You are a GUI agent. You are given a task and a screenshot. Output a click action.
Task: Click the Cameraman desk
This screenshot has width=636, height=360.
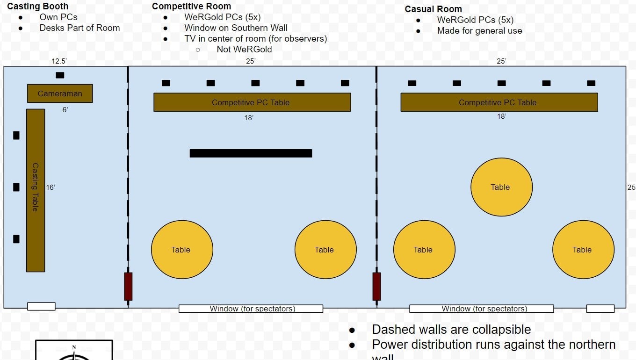tap(60, 94)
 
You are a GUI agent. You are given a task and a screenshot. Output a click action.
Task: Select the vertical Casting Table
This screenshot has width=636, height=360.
tap(36, 190)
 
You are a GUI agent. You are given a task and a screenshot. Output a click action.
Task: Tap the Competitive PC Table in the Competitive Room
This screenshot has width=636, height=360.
tap(252, 102)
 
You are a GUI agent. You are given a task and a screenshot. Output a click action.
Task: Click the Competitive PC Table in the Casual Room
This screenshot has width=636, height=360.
tap(499, 102)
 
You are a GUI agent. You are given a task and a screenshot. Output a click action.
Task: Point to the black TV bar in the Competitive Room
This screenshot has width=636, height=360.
tap(251, 153)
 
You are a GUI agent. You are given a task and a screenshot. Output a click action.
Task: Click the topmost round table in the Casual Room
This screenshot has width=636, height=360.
tap(501, 187)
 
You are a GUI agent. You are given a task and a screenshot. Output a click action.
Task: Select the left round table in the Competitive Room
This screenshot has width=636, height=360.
tap(182, 250)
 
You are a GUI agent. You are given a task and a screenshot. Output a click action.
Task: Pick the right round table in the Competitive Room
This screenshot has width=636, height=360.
tap(325, 250)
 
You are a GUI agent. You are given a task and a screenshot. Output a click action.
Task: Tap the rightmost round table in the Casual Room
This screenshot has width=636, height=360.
tap(583, 250)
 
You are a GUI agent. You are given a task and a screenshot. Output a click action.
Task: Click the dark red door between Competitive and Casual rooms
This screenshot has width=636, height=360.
tap(376, 286)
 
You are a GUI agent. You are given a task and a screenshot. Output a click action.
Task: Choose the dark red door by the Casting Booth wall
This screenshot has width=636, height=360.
tap(128, 286)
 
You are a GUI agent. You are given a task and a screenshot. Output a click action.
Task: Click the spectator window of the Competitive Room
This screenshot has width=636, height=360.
tap(251, 309)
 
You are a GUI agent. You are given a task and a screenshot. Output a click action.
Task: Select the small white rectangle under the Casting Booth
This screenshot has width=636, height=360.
tap(41, 307)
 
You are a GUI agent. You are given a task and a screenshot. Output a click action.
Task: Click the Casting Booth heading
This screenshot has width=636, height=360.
tap(37, 7)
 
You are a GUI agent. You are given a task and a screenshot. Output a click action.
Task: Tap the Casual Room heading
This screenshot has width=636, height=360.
tap(433, 9)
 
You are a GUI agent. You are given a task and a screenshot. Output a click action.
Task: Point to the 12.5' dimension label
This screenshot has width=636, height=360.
tap(59, 61)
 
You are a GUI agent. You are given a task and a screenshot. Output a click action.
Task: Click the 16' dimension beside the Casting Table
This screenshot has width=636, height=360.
tap(51, 187)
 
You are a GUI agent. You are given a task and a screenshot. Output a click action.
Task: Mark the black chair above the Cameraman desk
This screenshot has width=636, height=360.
tap(60, 75)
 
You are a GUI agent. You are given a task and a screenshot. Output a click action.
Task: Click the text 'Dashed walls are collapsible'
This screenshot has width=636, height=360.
tap(451, 330)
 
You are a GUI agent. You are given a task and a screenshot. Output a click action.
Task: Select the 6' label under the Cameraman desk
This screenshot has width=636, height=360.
tap(65, 110)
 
